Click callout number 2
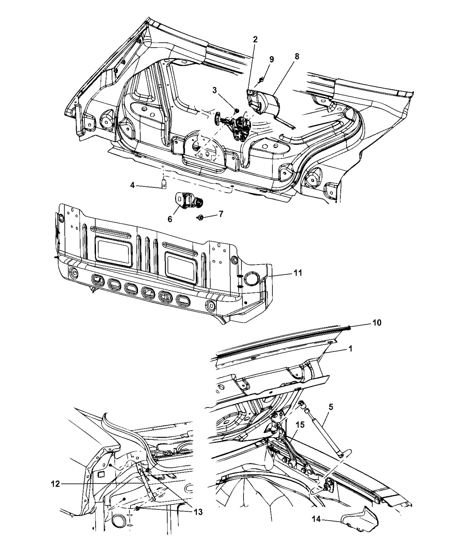255,39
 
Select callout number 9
272,60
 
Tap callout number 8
297,56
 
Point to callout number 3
215,90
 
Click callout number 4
132,186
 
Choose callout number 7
221,214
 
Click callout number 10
377,323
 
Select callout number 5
331,407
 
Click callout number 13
198,512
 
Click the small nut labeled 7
199,217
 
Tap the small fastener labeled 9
262,79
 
